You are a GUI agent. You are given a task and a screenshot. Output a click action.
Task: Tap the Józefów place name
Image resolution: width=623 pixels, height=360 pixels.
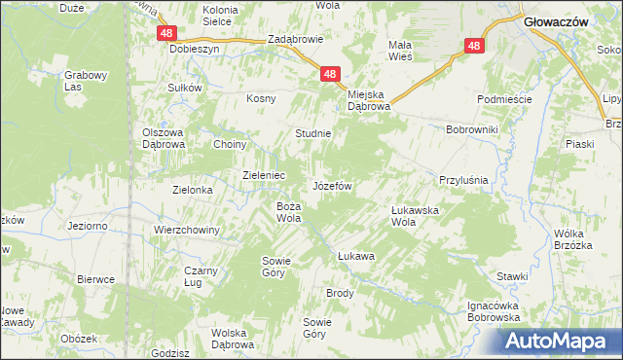(x=331, y=185)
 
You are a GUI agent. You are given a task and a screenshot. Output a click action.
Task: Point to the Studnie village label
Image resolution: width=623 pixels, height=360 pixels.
(x=313, y=133)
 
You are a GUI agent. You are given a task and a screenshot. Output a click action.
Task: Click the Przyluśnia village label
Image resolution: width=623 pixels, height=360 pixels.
(x=462, y=180)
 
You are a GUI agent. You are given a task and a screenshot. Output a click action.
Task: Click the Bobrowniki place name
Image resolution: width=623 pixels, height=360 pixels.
(x=471, y=129)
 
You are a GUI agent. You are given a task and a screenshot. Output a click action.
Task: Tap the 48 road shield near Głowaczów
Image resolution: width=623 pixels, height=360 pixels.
(x=474, y=46)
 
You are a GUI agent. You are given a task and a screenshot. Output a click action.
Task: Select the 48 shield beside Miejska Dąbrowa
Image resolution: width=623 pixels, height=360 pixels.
(x=330, y=74)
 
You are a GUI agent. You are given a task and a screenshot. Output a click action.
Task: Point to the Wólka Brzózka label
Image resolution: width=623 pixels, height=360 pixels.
(x=572, y=239)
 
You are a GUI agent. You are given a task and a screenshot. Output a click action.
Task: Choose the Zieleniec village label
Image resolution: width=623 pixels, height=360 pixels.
(x=263, y=175)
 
